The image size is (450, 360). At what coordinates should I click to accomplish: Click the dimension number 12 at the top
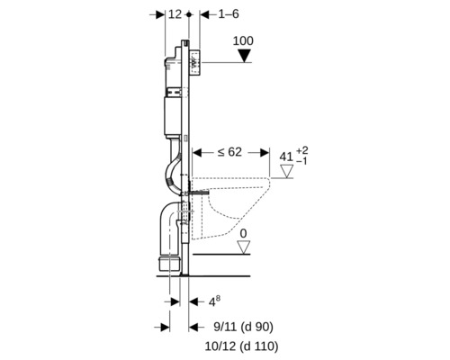pyautogui.click(x=175, y=14)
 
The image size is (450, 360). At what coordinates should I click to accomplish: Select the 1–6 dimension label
pyautogui.click(x=228, y=14)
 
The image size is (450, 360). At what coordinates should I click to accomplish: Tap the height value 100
pyautogui.click(x=243, y=40)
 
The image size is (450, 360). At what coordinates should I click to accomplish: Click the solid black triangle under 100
pyautogui.click(x=244, y=56)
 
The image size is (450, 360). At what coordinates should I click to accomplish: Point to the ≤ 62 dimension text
pyautogui.click(x=229, y=152)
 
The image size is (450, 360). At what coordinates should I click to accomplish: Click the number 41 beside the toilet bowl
pyautogui.click(x=286, y=157)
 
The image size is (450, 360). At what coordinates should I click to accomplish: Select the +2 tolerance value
pyautogui.click(x=302, y=150)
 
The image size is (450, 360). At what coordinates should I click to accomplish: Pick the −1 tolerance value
pyautogui.click(x=301, y=161)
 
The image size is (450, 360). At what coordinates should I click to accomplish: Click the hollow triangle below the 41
pyautogui.click(x=286, y=171)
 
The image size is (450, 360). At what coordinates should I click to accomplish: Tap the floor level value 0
pyautogui.click(x=244, y=234)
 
